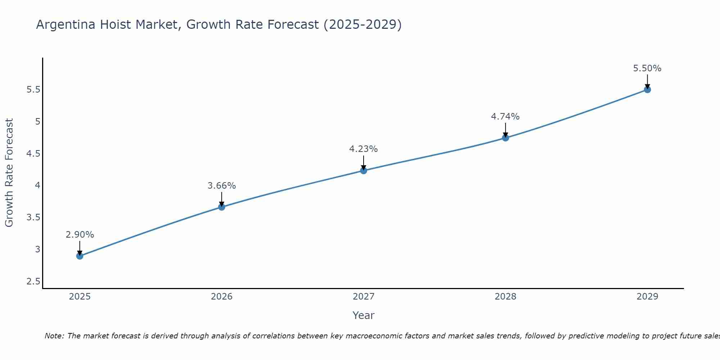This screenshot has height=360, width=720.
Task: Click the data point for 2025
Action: point(80,256)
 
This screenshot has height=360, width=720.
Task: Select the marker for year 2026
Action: point(221,207)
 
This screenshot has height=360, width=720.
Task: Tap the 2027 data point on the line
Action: point(364,171)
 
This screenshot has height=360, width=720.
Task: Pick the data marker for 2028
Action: point(505,138)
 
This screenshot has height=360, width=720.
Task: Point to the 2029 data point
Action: point(647,90)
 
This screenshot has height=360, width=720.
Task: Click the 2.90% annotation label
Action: point(80,235)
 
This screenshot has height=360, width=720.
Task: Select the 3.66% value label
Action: point(221,186)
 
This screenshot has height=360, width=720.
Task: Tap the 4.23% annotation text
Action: point(364,149)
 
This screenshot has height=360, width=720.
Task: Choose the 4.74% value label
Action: point(505,117)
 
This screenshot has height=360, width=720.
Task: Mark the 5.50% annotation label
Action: point(647,68)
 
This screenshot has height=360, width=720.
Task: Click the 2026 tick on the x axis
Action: point(221,297)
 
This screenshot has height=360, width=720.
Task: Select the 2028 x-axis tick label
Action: point(505,297)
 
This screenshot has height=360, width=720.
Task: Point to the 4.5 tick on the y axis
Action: point(33,154)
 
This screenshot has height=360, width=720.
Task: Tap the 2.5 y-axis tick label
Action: point(33,282)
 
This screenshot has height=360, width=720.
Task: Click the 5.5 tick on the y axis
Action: point(33,90)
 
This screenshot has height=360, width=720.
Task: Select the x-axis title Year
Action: point(364,315)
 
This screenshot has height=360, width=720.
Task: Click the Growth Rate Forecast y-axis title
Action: point(9,173)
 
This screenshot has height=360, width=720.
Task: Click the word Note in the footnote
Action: point(54,336)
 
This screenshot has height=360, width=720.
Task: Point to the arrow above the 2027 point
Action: point(364,162)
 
